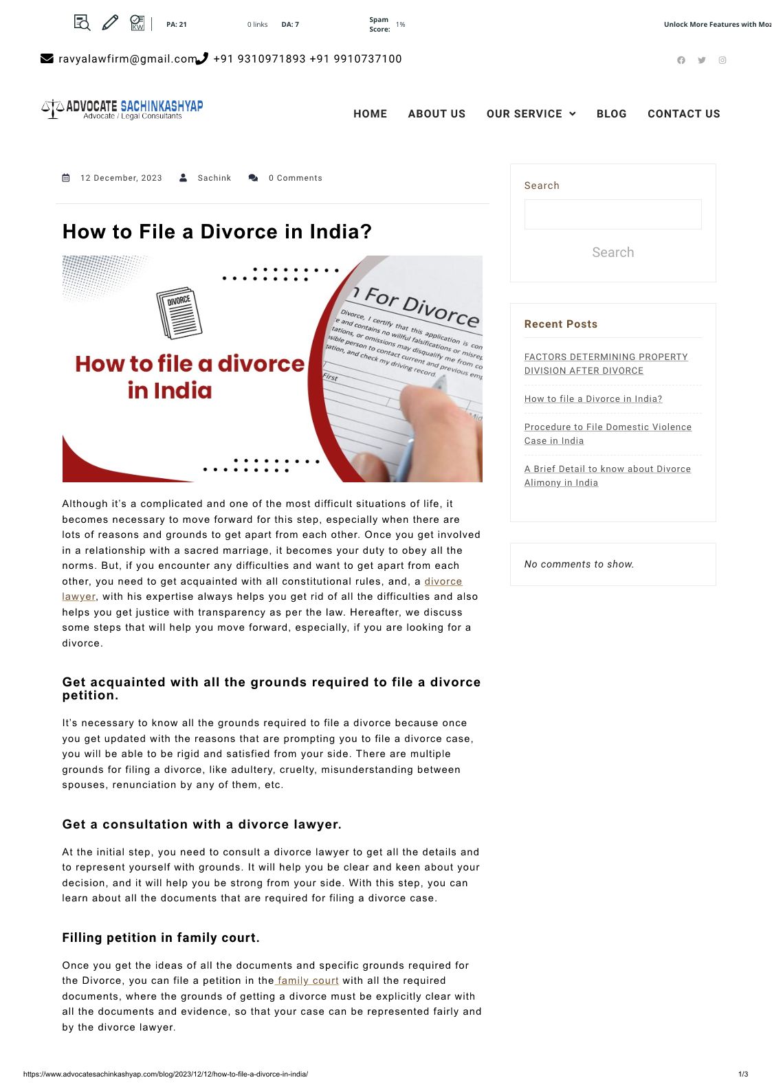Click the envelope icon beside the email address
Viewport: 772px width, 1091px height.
pyautogui.click(x=47, y=59)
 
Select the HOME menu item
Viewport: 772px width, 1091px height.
pyautogui.click(x=370, y=113)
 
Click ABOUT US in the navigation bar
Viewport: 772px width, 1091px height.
pyautogui.click(x=437, y=113)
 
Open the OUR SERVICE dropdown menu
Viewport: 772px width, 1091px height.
pyautogui.click(x=531, y=113)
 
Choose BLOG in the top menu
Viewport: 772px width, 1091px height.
pyautogui.click(x=611, y=113)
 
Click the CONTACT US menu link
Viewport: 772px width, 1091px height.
pyautogui.click(x=684, y=113)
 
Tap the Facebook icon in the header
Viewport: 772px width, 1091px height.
pyautogui.click(x=681, y=60)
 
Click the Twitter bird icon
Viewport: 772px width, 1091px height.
pyautogui.click(x=701, y=60)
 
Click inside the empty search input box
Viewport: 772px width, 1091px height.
pyautogui.click(x=613, y=214)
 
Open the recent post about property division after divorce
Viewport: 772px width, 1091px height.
pyautogui.click(x=606, y=364)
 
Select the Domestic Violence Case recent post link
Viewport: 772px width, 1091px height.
pyautogui.click(x=608, y=434)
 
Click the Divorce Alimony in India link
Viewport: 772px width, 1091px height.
pyautogui.click(x=607, y=475)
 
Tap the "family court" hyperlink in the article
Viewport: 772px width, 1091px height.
pyautogui.click(x=307, y=980)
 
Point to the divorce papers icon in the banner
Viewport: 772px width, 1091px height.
pyautogui.click(x=179, y=313)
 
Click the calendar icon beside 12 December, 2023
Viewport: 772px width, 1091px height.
pyautogui.click(x=66, y=178)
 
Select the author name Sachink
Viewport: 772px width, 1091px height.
pyautogui.click(x=214, y=178)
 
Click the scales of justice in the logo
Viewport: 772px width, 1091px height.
pyautogui.click(x=53, y=109)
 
